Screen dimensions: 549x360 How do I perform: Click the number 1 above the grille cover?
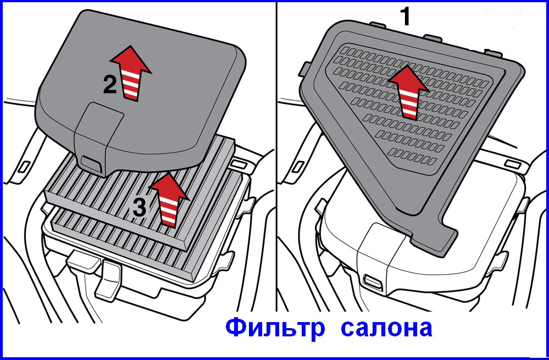(406, 16)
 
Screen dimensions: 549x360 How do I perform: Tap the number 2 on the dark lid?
(110, 85)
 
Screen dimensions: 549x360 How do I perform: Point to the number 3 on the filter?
(140, 207)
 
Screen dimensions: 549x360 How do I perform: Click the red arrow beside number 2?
(131, 73)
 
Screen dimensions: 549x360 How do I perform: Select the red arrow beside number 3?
(169, 200)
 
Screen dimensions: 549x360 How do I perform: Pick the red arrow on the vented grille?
(408, 91)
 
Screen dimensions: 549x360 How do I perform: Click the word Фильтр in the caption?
(275, 328)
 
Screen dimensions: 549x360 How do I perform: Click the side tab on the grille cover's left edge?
(304, 69)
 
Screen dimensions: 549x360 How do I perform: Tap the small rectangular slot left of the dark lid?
(24, 167)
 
